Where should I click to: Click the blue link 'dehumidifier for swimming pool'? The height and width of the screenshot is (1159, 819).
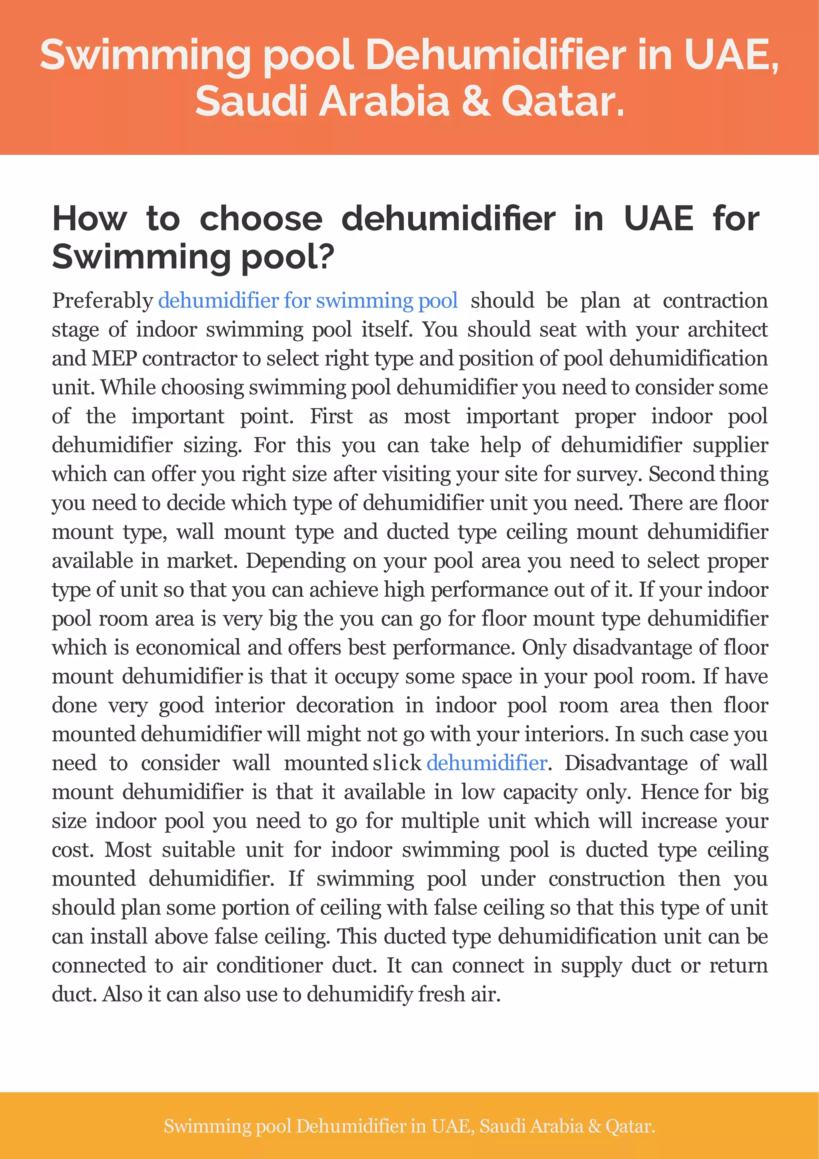(x=308, y=301)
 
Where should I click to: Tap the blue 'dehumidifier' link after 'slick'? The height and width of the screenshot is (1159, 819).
(x=487, y=763)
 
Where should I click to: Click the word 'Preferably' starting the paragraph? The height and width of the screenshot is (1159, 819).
(x=102, y=301)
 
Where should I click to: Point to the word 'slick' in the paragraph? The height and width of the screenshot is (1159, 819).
(x=397, y=763)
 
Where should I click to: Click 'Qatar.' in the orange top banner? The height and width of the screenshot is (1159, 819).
(x=563, y=101)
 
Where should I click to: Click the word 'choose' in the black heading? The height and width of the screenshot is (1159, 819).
(x=261, y=219)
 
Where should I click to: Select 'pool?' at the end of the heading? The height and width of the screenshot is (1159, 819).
(x=287, y=256)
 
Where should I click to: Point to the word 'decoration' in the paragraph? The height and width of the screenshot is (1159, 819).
(x=345, y=705)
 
